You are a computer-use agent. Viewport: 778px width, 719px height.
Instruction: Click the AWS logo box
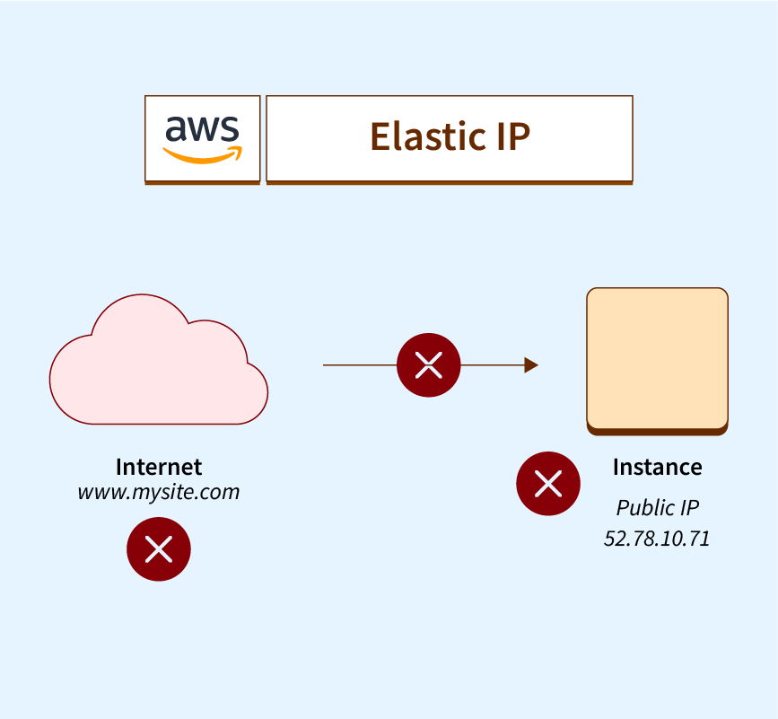203,139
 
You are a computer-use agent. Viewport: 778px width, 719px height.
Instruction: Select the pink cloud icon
158,364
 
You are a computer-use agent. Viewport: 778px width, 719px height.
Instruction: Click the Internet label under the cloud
159,467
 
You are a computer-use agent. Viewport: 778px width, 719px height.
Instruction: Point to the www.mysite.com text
159,492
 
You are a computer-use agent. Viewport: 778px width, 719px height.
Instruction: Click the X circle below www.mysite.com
159,549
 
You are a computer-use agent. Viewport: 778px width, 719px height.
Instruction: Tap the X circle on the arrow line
429,365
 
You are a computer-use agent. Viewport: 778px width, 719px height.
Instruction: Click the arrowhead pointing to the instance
531,365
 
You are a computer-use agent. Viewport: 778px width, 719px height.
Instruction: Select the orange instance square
657,357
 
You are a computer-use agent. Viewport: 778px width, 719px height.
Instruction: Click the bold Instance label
657,467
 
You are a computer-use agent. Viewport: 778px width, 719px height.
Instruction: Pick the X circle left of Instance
547,484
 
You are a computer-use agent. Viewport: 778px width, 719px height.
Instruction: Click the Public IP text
657,508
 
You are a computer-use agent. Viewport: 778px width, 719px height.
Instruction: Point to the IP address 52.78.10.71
657,539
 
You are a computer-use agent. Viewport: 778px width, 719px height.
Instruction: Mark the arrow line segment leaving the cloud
359,365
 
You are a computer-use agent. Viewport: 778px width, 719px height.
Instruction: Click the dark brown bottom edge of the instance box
657,432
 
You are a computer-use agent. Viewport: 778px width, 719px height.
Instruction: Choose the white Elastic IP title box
450,139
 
